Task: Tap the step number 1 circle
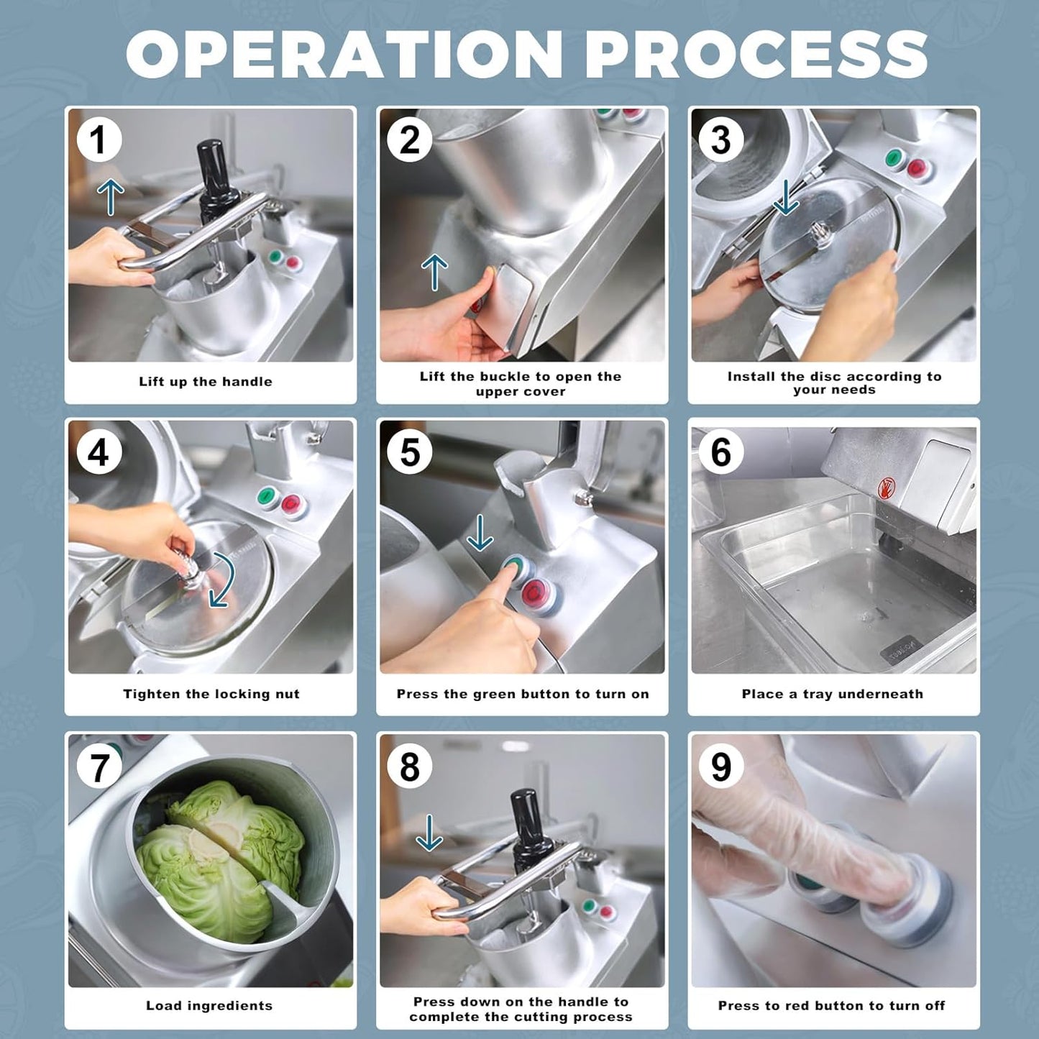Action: [99, 139]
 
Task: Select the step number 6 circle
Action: [721, 452]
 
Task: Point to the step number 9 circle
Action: [721, 766]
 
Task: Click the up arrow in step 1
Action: [111, 197]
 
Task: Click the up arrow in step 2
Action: [434, 273]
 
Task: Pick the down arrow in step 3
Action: [786, 197]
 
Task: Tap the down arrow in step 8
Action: [429, 833]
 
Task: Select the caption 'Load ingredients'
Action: [209, 1006]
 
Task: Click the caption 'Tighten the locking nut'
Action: [211, 694]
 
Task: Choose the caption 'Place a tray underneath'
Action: [833, 694]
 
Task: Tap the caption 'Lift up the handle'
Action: [206, 382]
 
